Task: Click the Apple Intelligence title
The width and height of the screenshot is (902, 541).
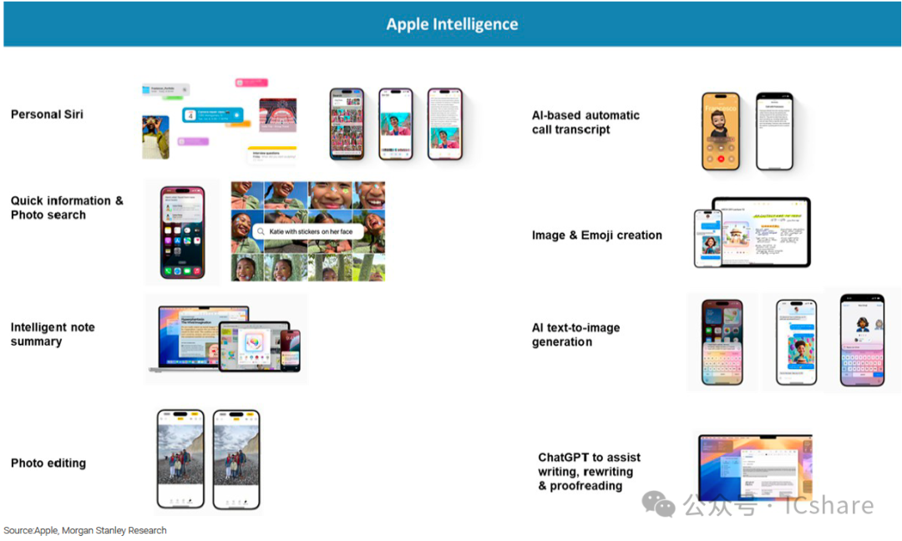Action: pyautogui.click(x=452, y=24)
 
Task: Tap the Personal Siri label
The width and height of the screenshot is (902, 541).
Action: pyautogui.click(x=47, y=114)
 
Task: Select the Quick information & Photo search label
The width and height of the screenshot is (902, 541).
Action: pyautogui.click(x=67, y=208)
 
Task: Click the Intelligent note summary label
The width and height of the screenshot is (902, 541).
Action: pyautogui.click(x=53, y=334)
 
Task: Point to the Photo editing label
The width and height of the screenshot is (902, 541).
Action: pyautogui.click(x=48, y=463)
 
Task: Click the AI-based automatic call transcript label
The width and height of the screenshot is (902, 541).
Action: pyautogui.click(x=585, y=122)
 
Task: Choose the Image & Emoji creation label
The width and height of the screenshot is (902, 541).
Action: pyautogui.click(x=596, y=235)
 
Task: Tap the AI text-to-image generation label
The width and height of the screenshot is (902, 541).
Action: pyautogui.click(x=575, y=335)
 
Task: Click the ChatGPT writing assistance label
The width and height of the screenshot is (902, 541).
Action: pyautogui.click(x=589, y=472)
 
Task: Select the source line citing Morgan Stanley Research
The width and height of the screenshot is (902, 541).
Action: pyautogui.click(x=85, y=530)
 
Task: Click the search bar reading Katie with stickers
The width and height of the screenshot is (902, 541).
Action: pyautogui.click(x=309, y=231)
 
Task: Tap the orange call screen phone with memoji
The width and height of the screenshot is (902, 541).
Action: pyautogui.click(x=721, y=132)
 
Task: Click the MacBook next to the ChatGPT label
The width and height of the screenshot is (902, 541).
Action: pyautogui.click(x=755, y=468)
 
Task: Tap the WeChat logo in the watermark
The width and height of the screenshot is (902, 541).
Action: pyautogui.click(x=658, y=504)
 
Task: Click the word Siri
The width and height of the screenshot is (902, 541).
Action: pyautogui.click(x=71, y=114)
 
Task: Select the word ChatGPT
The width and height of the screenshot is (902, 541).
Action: pyautogui.click(x=565, y=458)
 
